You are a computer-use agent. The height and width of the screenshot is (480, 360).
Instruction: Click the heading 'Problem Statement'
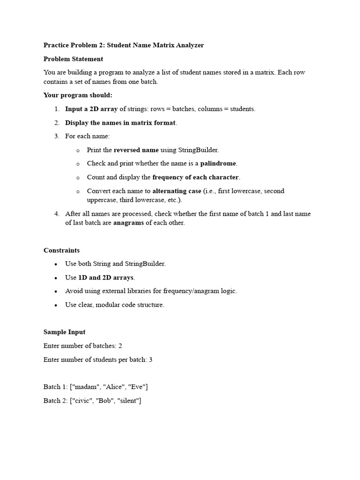point(73,59)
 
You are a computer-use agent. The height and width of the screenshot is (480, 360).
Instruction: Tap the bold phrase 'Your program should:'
point(78,95)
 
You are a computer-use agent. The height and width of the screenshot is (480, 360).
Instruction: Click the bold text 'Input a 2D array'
point(91,109)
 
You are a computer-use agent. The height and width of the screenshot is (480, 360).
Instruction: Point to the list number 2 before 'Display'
point(56,123)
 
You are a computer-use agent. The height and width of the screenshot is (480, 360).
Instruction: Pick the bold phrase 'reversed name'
point(136,150)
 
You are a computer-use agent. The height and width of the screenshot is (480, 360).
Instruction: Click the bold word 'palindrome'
point(218,164)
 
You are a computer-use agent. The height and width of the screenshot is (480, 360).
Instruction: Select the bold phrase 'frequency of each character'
point(195,177)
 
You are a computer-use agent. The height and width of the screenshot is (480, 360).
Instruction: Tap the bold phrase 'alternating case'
point(176,191)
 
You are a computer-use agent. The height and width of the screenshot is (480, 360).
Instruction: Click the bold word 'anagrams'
point(128,223)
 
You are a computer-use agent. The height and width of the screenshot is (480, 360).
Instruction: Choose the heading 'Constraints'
point(61,250)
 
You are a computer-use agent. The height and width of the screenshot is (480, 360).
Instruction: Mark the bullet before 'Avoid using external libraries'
point(56,292)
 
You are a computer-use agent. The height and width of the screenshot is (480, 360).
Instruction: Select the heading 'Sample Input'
point(64,332)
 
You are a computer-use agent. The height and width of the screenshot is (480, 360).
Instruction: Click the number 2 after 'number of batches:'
point(120,346)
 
